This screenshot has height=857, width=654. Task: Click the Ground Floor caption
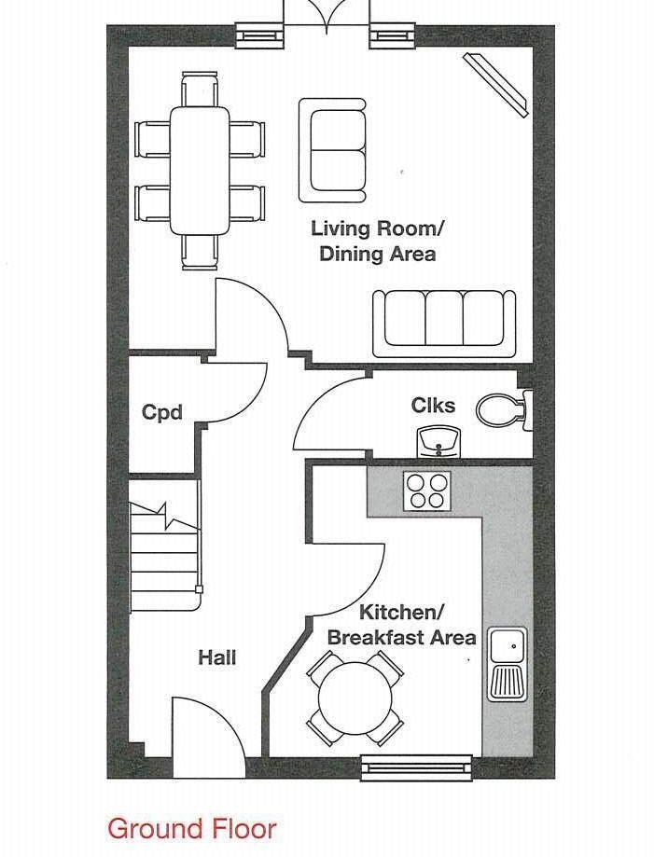pyautogui.click(x=191, y=828)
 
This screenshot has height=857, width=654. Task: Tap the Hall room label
pyautogui.click(x=216, y=657)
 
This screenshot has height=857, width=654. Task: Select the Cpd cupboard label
pyautogui.click(x=161, y=411)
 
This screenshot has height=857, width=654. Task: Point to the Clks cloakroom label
pyautogui.click(x=433, y=405)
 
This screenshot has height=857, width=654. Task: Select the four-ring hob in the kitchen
pyautogui.click(x=427, y=490)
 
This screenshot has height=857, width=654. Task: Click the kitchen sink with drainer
pyautogui.click(x=508, y=663)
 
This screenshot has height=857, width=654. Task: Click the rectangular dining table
pyautogui.click(x=200, y=170)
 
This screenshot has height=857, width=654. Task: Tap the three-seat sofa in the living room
pyautogui.click(x=444, y=324)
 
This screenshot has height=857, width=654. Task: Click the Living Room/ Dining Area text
pyautogui.click(x=378, y=241)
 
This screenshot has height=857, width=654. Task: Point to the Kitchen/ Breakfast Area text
pyautogui.click(x=402, y=625)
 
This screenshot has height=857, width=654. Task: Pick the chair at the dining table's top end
pyautogui.click(x=200, y=91)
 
